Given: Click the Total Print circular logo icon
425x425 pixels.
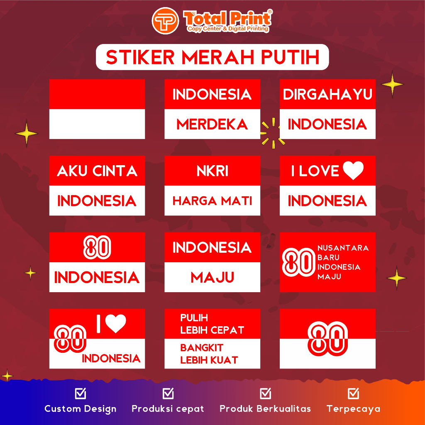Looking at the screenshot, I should point(165,21).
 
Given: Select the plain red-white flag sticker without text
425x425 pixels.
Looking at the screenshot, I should point(97,109).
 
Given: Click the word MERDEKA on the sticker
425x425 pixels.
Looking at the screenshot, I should point(212,125).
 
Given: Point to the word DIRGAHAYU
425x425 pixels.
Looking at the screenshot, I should point(327,95).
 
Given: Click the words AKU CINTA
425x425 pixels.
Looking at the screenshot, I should point(97,171).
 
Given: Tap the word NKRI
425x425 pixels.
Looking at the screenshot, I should point(212,171).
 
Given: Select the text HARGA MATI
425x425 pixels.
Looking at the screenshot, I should point(212,201).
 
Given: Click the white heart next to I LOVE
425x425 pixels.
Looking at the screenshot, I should point(353,171).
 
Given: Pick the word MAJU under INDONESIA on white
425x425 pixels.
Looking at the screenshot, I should point(212,277).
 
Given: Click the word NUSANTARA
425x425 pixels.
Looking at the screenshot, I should point(343,248).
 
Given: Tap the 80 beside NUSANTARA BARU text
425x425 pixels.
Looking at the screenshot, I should point(298,262).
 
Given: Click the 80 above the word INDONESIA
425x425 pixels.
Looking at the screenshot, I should point(97,247).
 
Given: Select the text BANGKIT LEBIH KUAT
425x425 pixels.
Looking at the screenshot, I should point(209,354).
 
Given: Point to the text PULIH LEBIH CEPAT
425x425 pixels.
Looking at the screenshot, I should point(212,324).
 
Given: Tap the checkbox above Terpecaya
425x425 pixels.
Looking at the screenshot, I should point(353,393).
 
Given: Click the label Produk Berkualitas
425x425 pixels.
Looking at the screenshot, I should point(265,409).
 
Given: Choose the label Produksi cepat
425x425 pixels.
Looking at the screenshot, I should point(168,409).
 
